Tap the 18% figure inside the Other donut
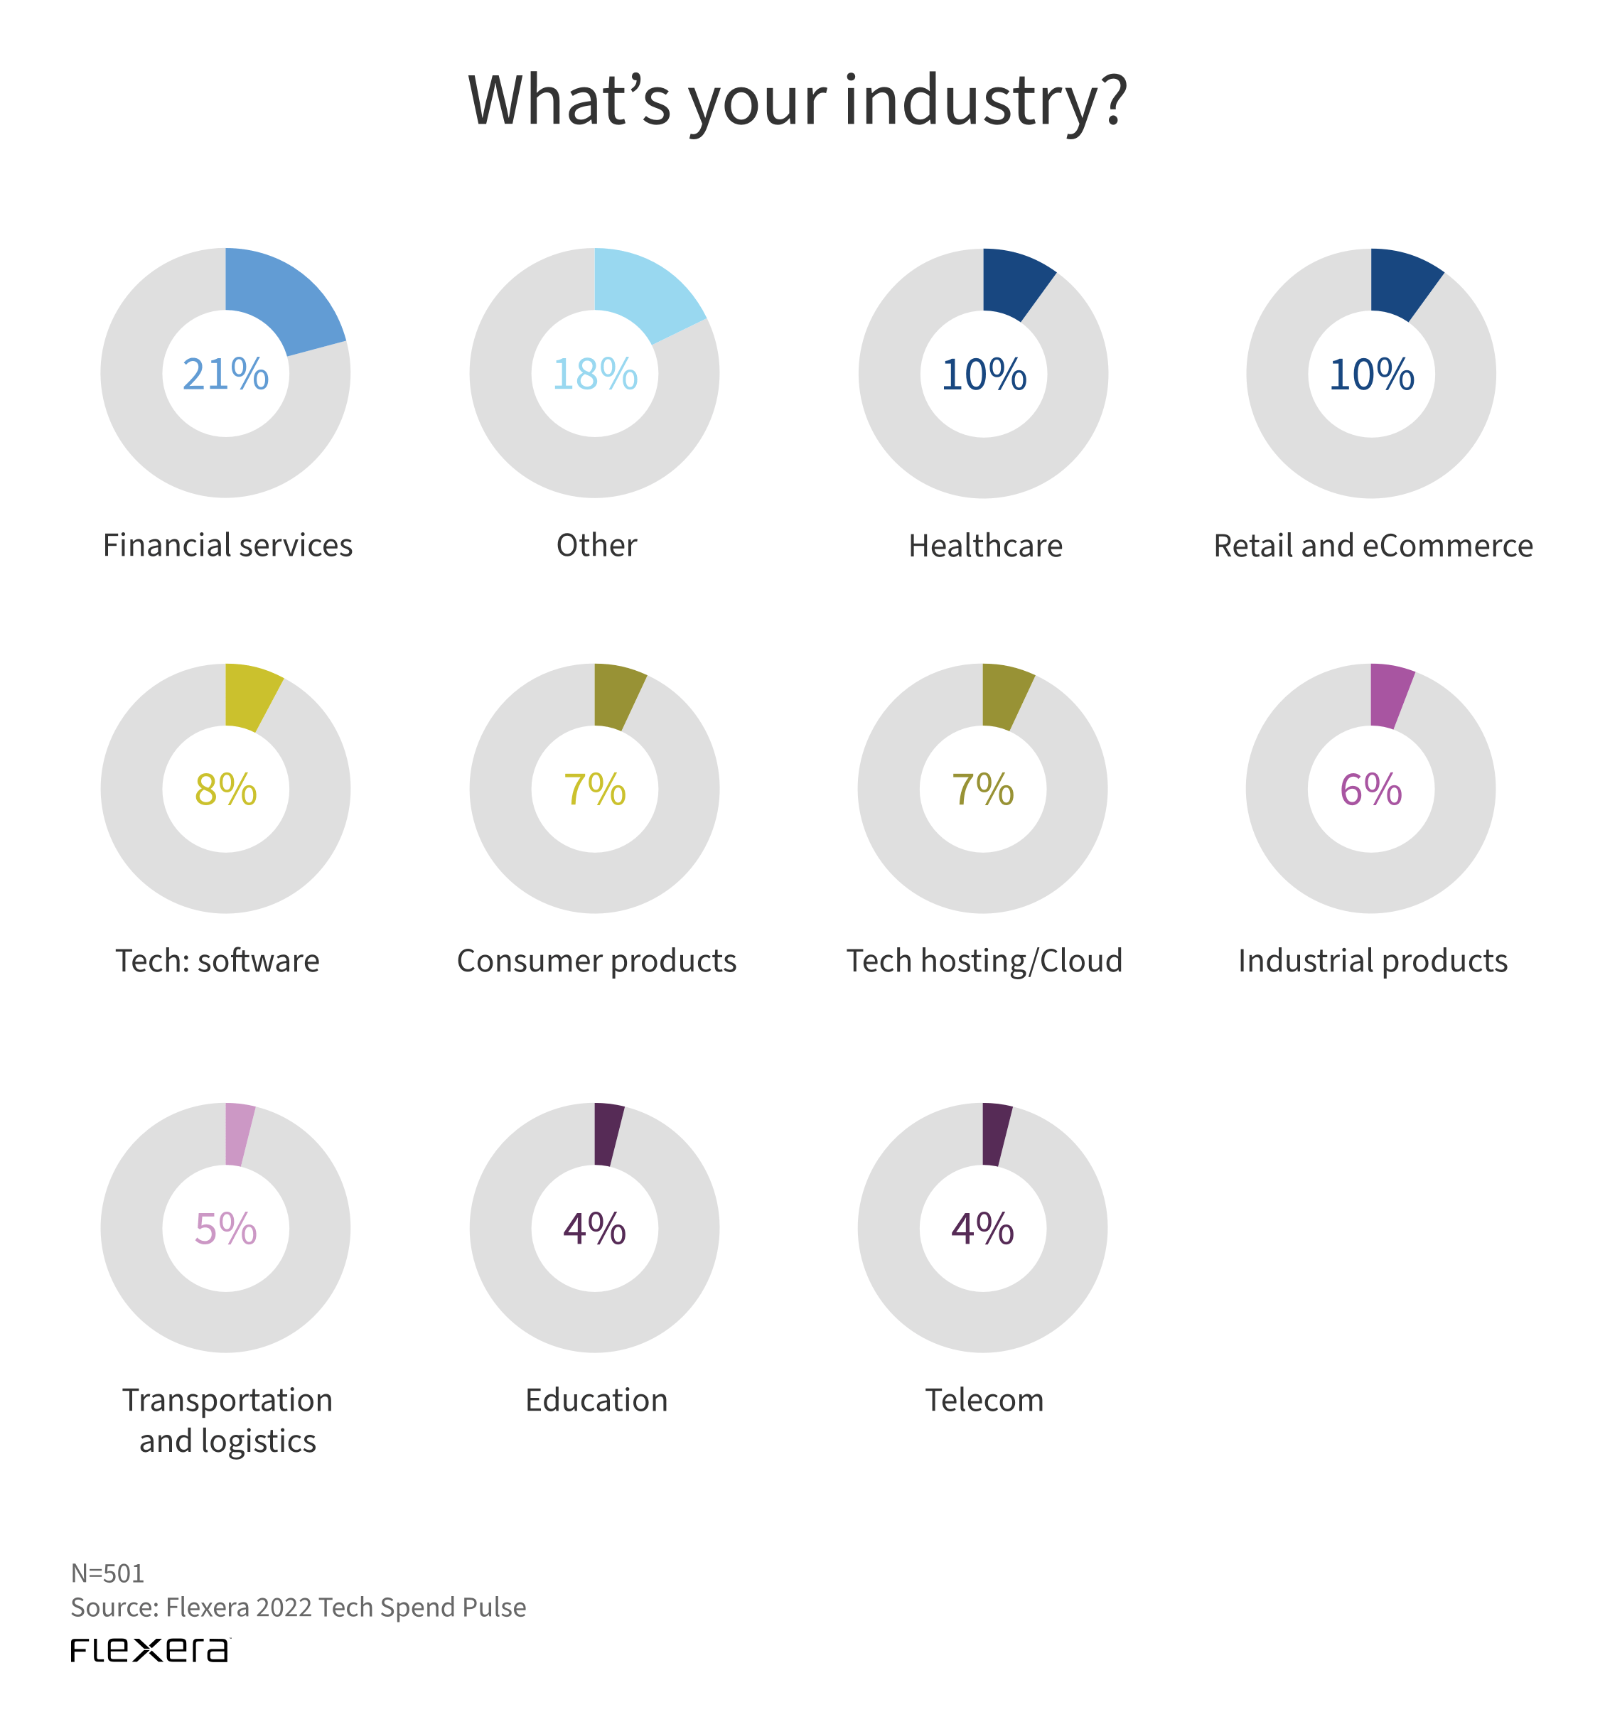595,375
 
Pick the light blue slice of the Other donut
645,294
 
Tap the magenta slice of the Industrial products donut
1388,694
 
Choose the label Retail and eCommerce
1373,545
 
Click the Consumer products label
596,960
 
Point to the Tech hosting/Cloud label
984,960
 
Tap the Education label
596,1400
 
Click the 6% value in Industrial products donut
1370,790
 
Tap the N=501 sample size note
107,1573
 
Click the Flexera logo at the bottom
149,1649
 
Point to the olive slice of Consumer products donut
617,694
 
